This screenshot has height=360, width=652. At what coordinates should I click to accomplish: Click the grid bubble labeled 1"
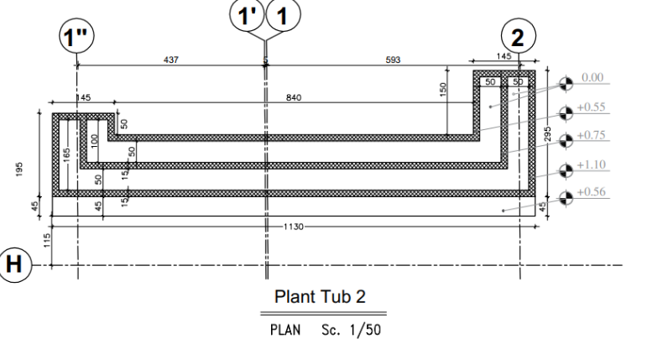coord(76,36)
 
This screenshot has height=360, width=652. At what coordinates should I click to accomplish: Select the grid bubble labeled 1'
coord(248,15)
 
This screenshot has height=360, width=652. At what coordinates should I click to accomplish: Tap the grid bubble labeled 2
coord(519,36)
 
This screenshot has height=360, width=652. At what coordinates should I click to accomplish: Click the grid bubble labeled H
coord(14,265)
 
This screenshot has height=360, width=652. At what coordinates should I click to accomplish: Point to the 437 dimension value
coord(171,60)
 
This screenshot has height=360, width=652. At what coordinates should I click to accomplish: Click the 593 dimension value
coord(393,60)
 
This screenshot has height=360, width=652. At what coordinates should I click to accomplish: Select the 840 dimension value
coord(294,97)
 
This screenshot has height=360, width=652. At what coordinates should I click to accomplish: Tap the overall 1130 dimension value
coord(294,227)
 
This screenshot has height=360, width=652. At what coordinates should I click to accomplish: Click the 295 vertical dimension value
coord(548,134)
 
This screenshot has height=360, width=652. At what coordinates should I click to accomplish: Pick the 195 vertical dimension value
coord(19,170)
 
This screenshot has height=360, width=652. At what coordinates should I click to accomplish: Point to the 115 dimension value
coord(47,240)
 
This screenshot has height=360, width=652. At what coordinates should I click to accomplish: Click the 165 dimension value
coord(66,155)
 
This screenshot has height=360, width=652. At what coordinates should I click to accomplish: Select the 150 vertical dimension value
coord(442,90)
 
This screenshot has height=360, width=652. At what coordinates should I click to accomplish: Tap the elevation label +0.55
coord(591,107)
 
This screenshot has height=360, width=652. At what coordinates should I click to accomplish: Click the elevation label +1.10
coord(591,164)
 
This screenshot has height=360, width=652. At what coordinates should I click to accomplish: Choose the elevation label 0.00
coord(592,77)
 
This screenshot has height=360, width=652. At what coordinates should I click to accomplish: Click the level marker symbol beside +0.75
coord(566,141)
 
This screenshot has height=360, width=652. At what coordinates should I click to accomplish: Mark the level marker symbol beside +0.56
coord(566,198)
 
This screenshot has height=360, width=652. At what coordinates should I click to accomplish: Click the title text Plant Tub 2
coord(321,297)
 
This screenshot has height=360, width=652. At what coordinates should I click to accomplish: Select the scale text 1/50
coord(365,330)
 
